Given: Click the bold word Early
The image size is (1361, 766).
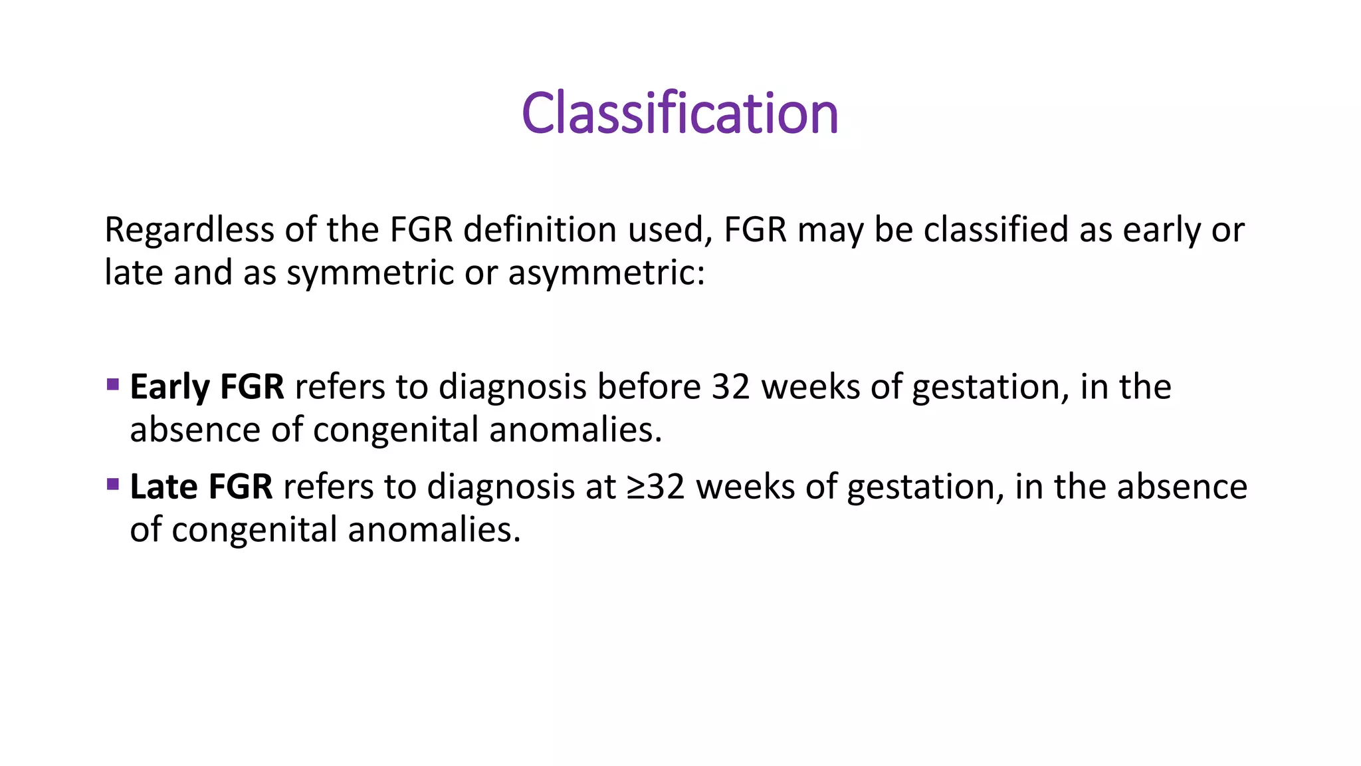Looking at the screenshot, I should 169,388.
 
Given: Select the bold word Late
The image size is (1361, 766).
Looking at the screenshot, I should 163,487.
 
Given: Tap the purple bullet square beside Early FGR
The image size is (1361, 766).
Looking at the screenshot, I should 112,384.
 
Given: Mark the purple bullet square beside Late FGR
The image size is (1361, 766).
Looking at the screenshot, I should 112,484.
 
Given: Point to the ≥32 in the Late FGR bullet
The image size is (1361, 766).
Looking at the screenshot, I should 656,487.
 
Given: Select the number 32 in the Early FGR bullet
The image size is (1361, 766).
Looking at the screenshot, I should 731,387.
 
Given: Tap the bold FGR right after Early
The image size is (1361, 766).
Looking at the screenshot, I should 252,387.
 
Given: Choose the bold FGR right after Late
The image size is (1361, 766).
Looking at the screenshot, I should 240,487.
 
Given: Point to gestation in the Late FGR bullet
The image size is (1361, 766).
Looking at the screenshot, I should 925,487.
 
